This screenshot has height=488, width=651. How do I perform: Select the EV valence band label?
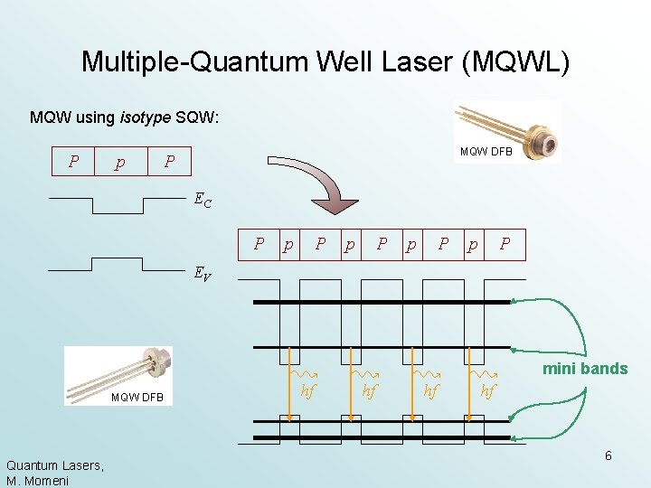point(203,272)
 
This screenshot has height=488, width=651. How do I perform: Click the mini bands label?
point(585,369)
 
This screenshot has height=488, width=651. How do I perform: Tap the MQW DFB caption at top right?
point(486,152)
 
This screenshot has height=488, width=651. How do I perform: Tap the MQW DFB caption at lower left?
point(137,399)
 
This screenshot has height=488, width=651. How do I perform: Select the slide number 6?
point(609,455)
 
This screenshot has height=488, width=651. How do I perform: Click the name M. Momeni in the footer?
point(38,479)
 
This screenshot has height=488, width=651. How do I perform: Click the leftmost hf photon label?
point(308,390)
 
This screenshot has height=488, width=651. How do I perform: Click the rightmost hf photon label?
point(488,390)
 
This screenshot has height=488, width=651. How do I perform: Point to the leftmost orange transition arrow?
point(289,384)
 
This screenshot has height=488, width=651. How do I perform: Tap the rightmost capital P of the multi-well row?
point(505,243)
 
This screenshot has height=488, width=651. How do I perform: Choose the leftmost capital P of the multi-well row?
point(259,243)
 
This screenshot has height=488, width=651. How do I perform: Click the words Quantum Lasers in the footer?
point(53,465)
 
